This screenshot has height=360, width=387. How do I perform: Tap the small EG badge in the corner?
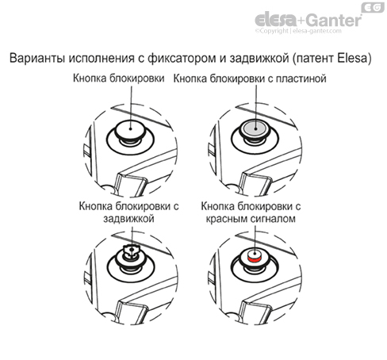coord(373,8)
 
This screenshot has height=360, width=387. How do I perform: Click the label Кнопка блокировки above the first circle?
coord(120,80)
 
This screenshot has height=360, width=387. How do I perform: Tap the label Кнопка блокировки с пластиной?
coord(250,80)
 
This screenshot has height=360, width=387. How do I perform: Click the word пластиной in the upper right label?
coord(299,80)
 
